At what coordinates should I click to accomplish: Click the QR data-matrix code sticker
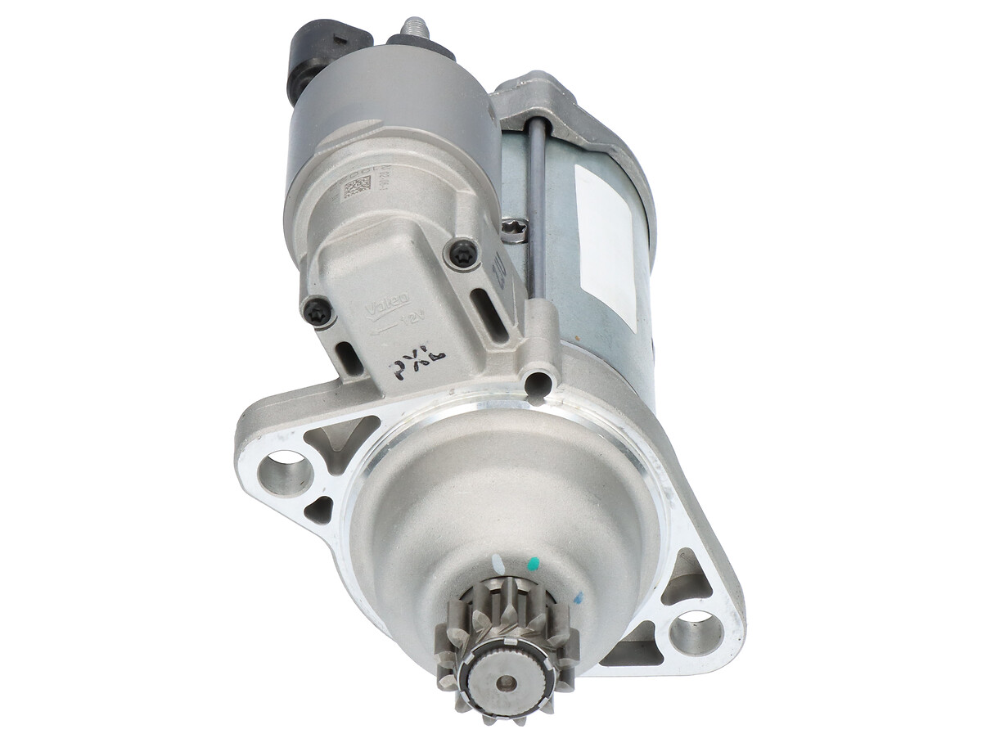[354, 189]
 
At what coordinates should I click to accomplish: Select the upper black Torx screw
[462, 254]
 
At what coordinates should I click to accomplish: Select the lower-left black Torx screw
[318, 311]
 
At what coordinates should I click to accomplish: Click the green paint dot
[534, 564]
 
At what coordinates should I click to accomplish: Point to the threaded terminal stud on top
[416, 29]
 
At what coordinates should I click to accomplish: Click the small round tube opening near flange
[538, 381]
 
